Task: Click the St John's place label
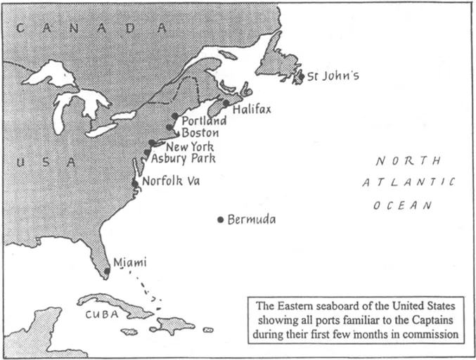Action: (333, 76)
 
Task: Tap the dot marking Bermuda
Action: (220, 220)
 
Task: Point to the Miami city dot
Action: (108, 270)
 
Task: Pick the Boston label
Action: (200, 133)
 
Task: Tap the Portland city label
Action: (204, 121)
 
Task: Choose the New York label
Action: (190, 147)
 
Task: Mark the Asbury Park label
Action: (184, 159)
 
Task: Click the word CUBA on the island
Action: (103, 315)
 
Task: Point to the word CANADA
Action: (92, 29)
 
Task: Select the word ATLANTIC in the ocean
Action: (409, 183)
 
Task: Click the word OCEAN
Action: (403, 205)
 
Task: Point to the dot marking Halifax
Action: (226, 103)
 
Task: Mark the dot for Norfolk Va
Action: (135, 183)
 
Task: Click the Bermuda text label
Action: (252, 219)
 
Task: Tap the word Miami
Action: (130, 262)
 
